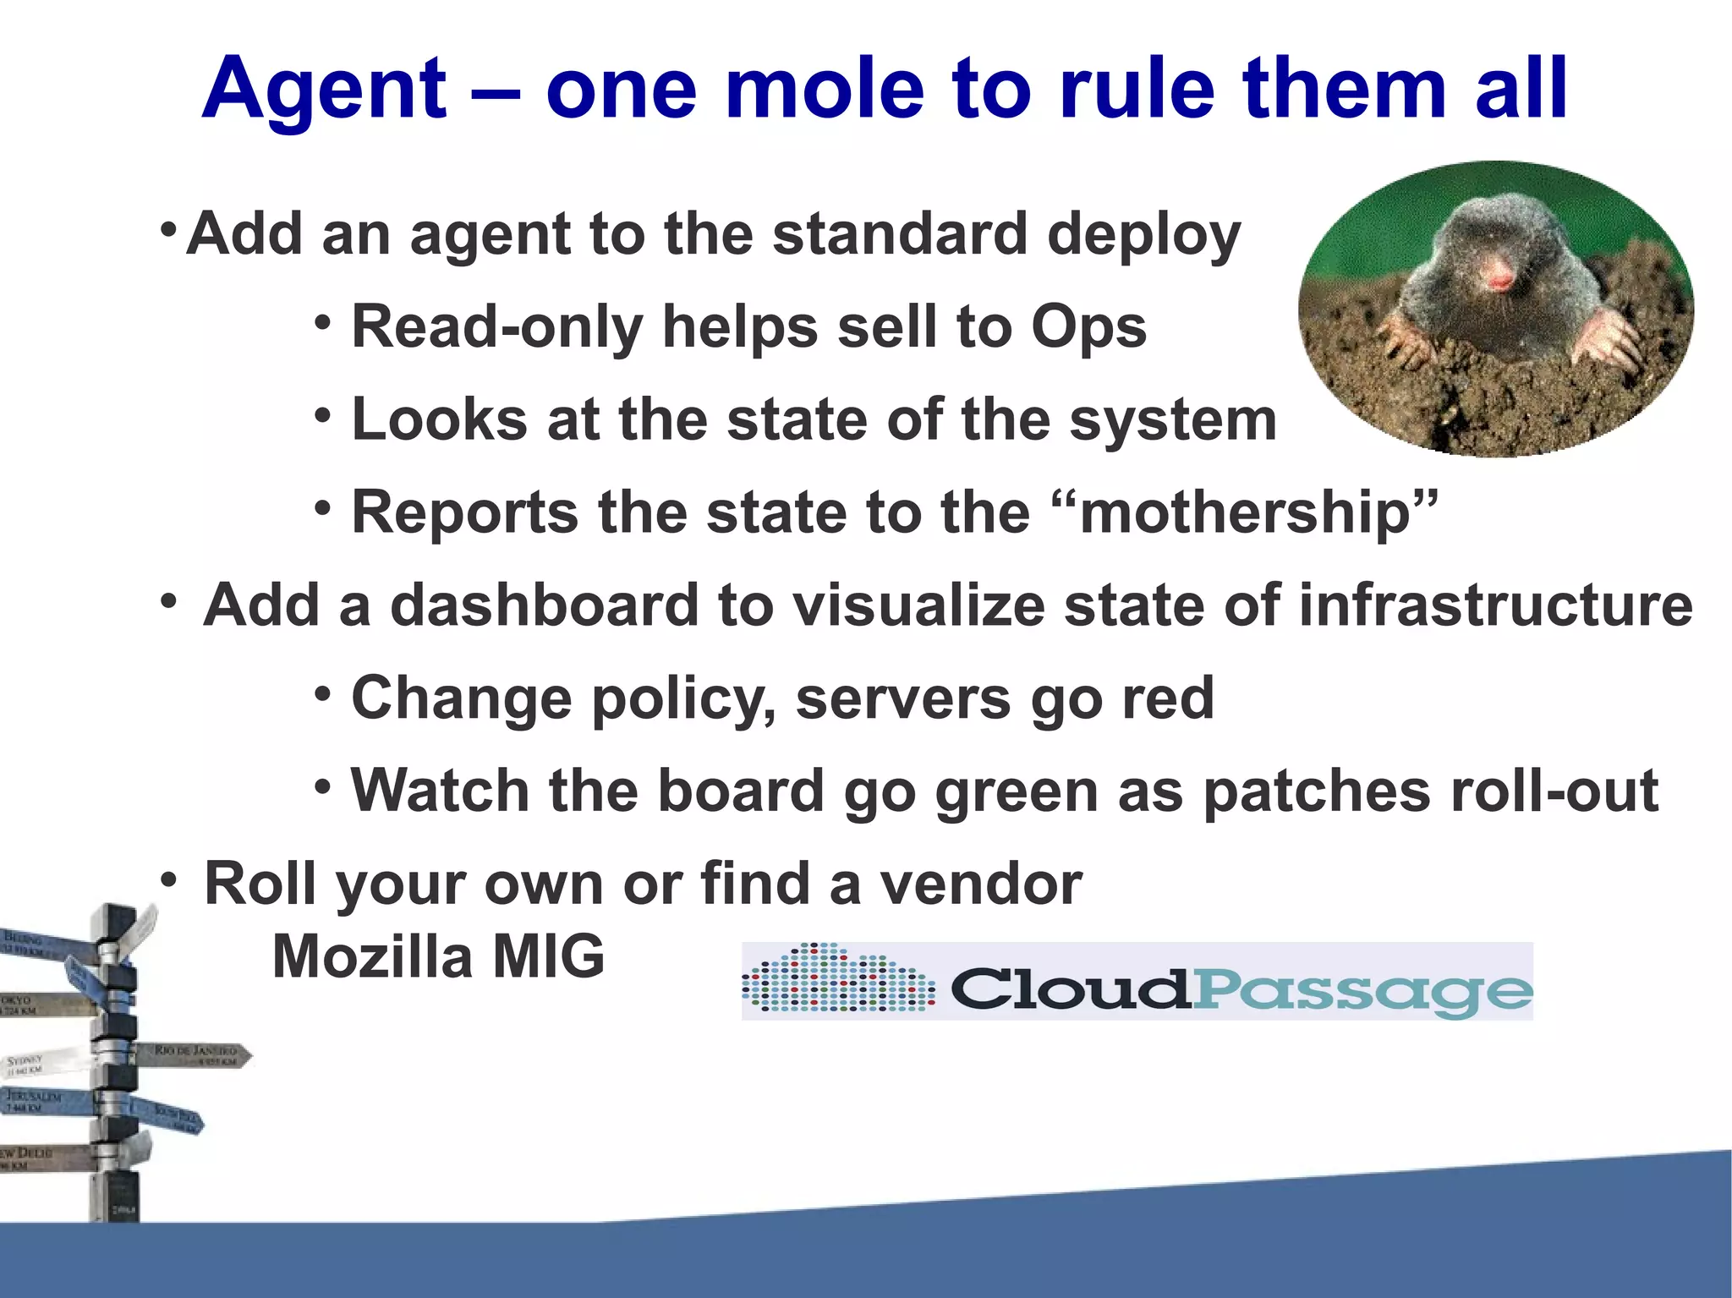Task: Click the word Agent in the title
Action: pyautogui.click(x=324, y=89)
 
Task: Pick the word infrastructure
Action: pyautogui.click(x=1495, y=605)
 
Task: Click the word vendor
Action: pyautogui.click(x=981, y=884)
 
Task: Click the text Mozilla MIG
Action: pyautogui.click(x=438, y=956)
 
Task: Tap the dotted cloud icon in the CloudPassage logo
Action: pyautogui.click(x=838, y=979)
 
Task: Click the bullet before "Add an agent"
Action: pyautogui.click(x=168, y=229)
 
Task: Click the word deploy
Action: pyautogui.click(x=1143, y=235)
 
